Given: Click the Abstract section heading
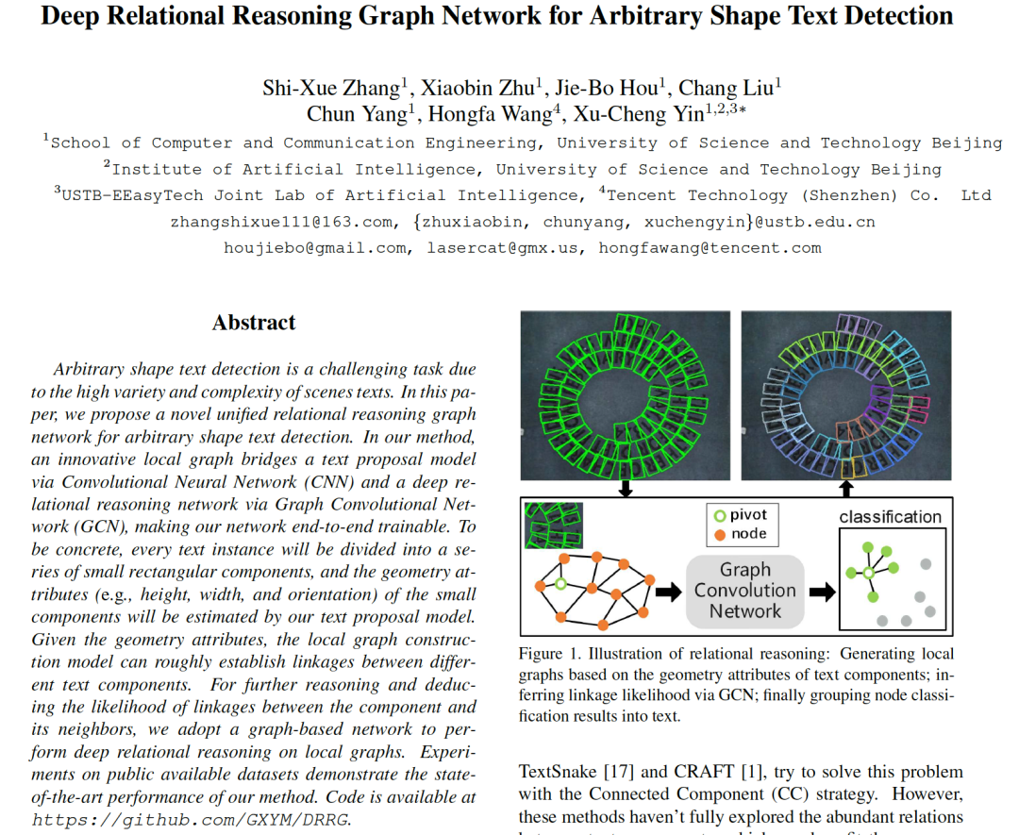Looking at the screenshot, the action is pyautogui.click(x=254, y=323).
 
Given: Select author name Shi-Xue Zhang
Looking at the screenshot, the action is pyautogui.click(x=331, y=89).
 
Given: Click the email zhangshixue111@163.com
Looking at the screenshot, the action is pyautogui.click(x=280, y=223).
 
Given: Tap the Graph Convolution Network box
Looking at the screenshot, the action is pyautogui.click(x=745, y=591).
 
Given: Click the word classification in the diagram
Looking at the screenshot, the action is pyautogui.click(x=890, y=517).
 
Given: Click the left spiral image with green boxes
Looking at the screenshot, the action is pyautogui.click(x=625, y=396).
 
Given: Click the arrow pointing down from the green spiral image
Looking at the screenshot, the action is pyautogui.click(x=625, y=489).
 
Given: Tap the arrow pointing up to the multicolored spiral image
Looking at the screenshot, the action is pyautogui.click(x=846, y=489).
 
